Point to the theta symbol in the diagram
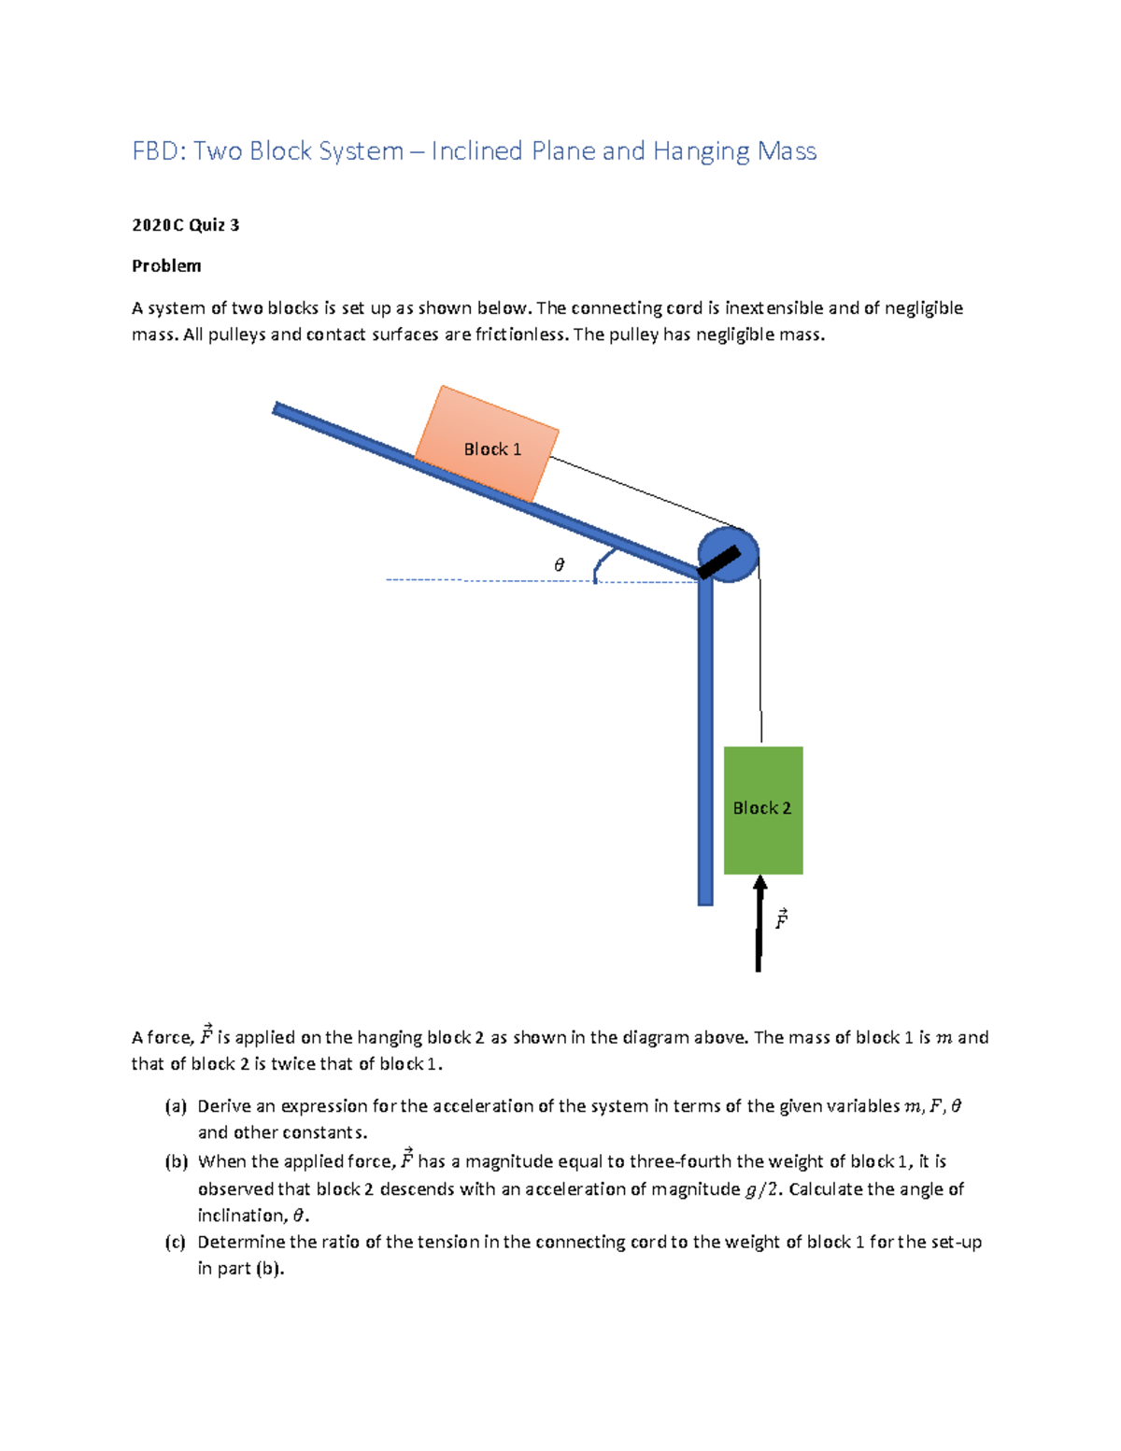pyautogui.click(x=560, y=565)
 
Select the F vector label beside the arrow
pyautogui.click(x=781, y=918)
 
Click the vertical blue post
pyautogui.click(x=705, y=747)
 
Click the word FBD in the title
pyautogui.click(x=158, y=151)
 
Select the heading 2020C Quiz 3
pyautogui.click(x=185, y=225)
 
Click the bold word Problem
pyautogui.click(x=166, y=266)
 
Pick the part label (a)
pyautogui.click(x=176, y=1106)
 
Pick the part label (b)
pyautogui.click(x=176, y=1162)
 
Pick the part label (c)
pyautogui.click(x=176, y=1243)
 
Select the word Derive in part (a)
pyautogui.click(x=224, y=1106)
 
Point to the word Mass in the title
pyautogui.click(x=787, y=151)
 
